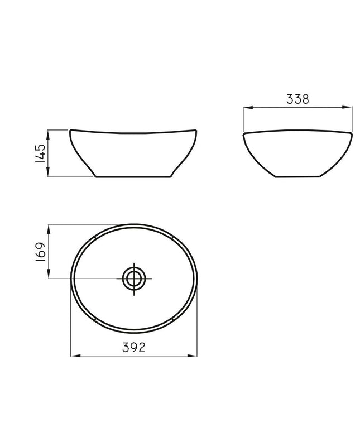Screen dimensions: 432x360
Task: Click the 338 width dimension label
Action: click(297, 99)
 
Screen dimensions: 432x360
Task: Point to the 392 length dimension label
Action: click(134, 348)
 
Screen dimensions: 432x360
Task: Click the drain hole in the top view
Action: click(134, 277)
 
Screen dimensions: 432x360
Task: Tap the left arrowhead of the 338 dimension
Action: click(246, 107)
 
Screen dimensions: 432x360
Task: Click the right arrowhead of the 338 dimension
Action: click(349, 107)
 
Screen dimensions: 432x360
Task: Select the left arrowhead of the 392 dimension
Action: click(73, 354)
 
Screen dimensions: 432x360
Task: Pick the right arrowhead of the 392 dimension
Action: click(195, 354)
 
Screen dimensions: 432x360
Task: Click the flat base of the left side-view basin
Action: click(133, 177)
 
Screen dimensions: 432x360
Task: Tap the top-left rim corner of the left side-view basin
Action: click(70, 131)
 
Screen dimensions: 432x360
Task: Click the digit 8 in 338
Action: click(306, 99)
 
